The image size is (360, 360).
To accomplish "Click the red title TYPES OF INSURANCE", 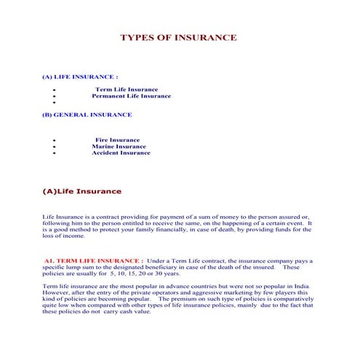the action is coord(177,38).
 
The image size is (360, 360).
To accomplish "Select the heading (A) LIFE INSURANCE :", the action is coord(81,76).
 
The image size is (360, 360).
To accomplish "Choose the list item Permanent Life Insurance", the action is coord(131,96).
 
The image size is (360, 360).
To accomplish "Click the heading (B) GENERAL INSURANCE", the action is coord(87,115).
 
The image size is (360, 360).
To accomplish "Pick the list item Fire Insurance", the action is coord(117,140).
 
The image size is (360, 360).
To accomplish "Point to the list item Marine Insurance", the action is coord(119,146).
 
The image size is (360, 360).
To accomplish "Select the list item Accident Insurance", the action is coord(121,153).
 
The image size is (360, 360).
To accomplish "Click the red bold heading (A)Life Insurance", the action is coord(82,191).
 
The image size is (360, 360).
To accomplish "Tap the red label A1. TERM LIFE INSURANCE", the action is coord(92,260).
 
